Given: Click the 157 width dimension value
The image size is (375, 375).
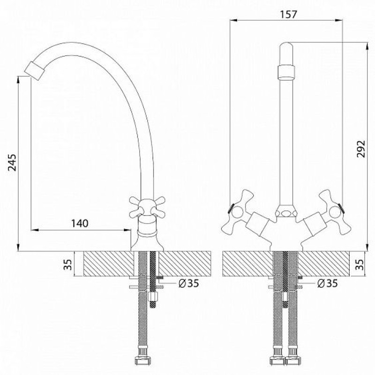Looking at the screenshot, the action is click(x=288, y=15).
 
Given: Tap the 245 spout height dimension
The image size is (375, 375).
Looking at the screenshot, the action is click(x=12, y=163).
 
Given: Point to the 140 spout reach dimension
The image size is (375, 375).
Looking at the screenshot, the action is click(x=80, y=223).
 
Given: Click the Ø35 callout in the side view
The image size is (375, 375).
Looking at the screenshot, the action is click(x=189, y=284).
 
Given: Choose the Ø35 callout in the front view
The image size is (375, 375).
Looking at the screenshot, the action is click(x=327, y=284).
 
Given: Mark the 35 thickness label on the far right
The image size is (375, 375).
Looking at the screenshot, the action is click(x=359, y=264).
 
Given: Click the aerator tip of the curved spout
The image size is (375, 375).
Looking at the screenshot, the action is click(x=35, y=71).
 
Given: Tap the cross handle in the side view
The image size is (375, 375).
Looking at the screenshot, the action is click(x=147, y=207).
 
